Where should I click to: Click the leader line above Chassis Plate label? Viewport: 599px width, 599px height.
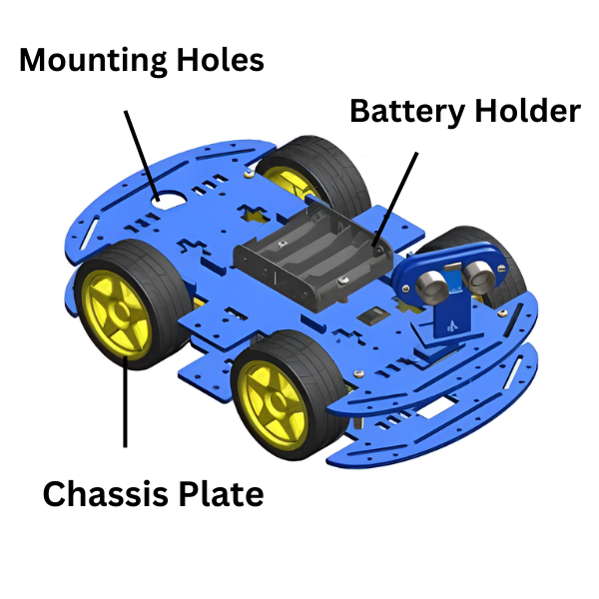126,409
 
